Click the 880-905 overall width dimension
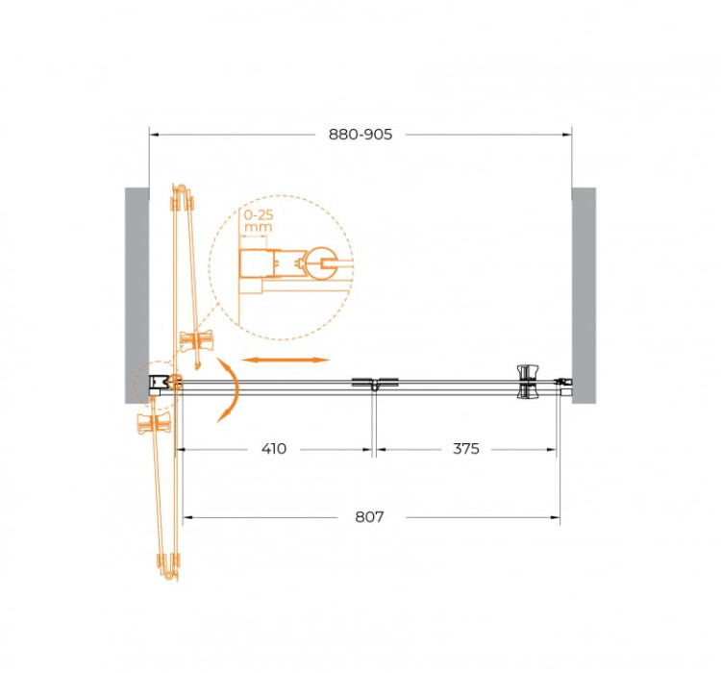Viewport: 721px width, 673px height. pyautogui.click(x=360, y=135)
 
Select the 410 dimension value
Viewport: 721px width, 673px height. pyautogui.click(x=274, y=449)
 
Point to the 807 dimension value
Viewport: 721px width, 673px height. pyautogui.click(x=369, y=517)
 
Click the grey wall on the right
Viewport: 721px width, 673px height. pyautogui.click(x=584, y=288)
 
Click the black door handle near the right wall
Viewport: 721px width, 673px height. pyautogui.click(x=528, y=381)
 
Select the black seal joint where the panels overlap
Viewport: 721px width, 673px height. pyautogui.click(x=373, y=385)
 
